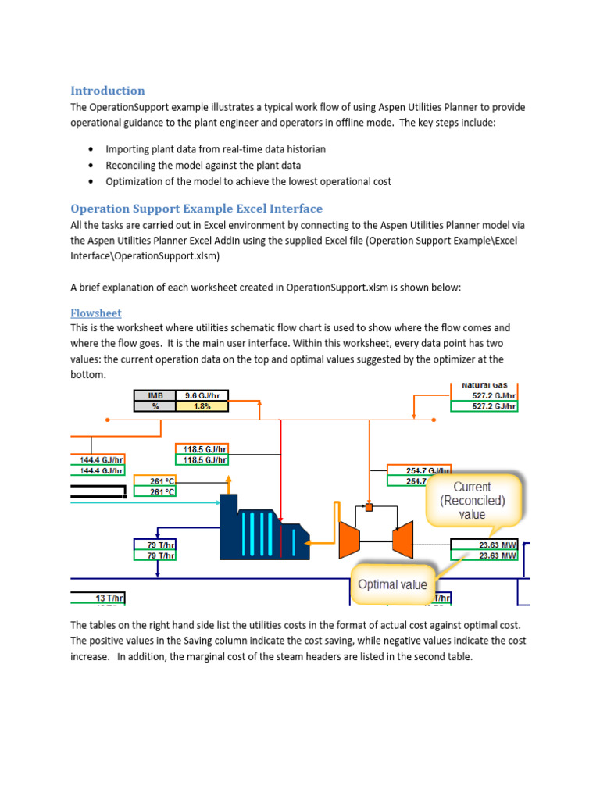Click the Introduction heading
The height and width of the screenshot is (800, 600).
point(108,91)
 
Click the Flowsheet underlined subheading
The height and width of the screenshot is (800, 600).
point(96,313)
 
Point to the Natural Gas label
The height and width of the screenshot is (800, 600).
point(484,385)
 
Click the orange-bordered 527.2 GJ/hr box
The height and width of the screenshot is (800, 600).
point(484,395)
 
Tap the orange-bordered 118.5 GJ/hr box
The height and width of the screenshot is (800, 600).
point(205,449)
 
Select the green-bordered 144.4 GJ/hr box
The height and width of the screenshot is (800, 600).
point(98,471)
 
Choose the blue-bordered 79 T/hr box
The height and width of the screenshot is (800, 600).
point(156,545)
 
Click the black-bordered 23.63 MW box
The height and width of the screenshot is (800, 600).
point(484,545)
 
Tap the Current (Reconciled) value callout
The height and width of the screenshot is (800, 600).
point(473,500)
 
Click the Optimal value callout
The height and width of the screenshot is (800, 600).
point(392,584)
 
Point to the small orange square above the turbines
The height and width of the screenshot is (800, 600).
point(370,508)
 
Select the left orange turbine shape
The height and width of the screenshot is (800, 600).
point(349,539)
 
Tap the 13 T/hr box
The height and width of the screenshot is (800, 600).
point(98,598)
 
